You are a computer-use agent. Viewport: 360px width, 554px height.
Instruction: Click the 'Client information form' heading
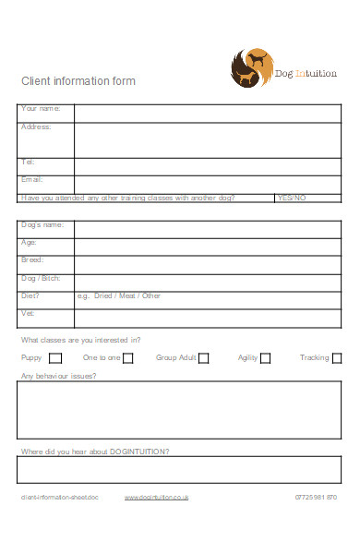[x=78, y=81]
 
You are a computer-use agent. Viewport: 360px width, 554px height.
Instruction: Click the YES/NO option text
[x=291, y=198]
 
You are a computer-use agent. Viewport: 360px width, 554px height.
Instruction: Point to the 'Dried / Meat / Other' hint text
[x=126, y=296]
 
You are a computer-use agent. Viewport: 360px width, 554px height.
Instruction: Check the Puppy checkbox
[x=55, y=358]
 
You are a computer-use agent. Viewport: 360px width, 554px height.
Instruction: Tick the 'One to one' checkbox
[x=128, y=358]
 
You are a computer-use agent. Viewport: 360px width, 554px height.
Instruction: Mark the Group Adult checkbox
[x=204, y=358]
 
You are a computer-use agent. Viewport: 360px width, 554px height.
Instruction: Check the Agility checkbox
[x=265, y=358]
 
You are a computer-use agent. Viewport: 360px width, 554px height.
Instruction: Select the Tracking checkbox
[x=337, y=358]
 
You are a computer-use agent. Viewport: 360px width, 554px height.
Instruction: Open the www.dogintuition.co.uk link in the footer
[x=156, y=498]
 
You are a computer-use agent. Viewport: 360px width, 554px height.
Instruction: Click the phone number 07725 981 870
[x=316, y=498]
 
